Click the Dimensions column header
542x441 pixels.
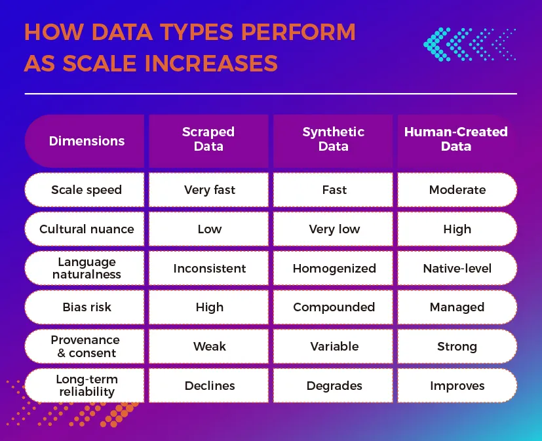point(87,141)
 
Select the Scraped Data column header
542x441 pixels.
point(208,139)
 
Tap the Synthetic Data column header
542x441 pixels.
point(333,139)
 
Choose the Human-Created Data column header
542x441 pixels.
point(456,139)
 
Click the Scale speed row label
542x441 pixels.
point(87,190)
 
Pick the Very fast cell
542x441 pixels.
point(209,190)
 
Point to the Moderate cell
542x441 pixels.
point(457,190)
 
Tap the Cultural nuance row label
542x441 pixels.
point(87,229)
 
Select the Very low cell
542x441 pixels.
point(334,229)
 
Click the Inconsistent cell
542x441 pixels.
point(209,268)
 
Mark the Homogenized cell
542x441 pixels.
point(334,268)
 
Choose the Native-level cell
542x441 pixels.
point(457,268)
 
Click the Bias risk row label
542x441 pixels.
point(87,307)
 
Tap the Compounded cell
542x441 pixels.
point(334,307)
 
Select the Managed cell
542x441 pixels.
point(457,307)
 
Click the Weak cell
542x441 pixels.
point(209,347)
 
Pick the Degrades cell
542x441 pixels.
point(334,385)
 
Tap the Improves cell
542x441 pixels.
point(457,385)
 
